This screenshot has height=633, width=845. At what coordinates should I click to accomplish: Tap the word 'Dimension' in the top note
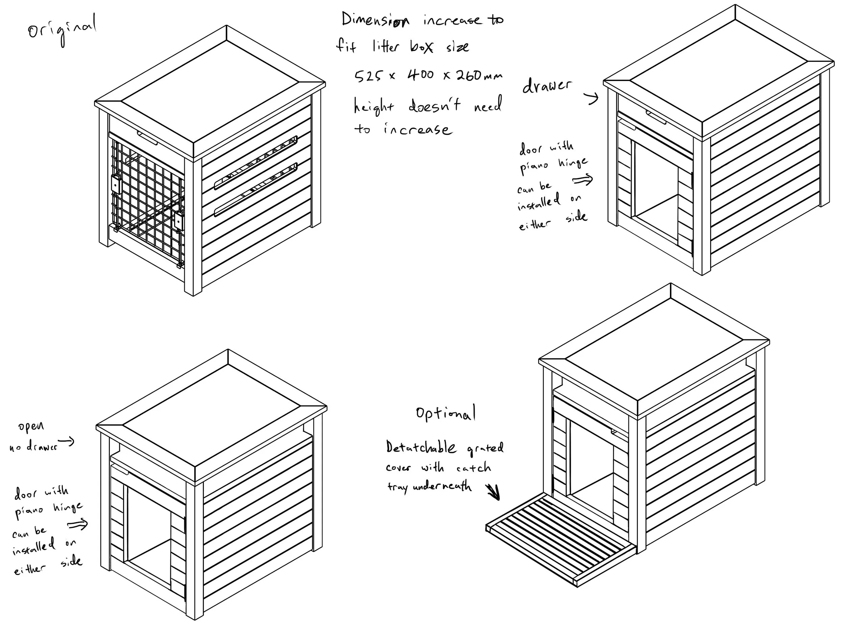[375, 20]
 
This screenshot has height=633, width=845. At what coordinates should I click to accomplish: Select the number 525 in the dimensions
[368, 76]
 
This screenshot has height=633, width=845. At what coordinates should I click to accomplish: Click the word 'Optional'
[446, 413]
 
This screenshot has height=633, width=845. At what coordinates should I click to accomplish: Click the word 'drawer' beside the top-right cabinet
[547, 86]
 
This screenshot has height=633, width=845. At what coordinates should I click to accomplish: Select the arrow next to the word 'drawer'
[592, 99]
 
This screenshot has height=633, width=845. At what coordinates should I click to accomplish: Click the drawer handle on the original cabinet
[147, 138]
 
